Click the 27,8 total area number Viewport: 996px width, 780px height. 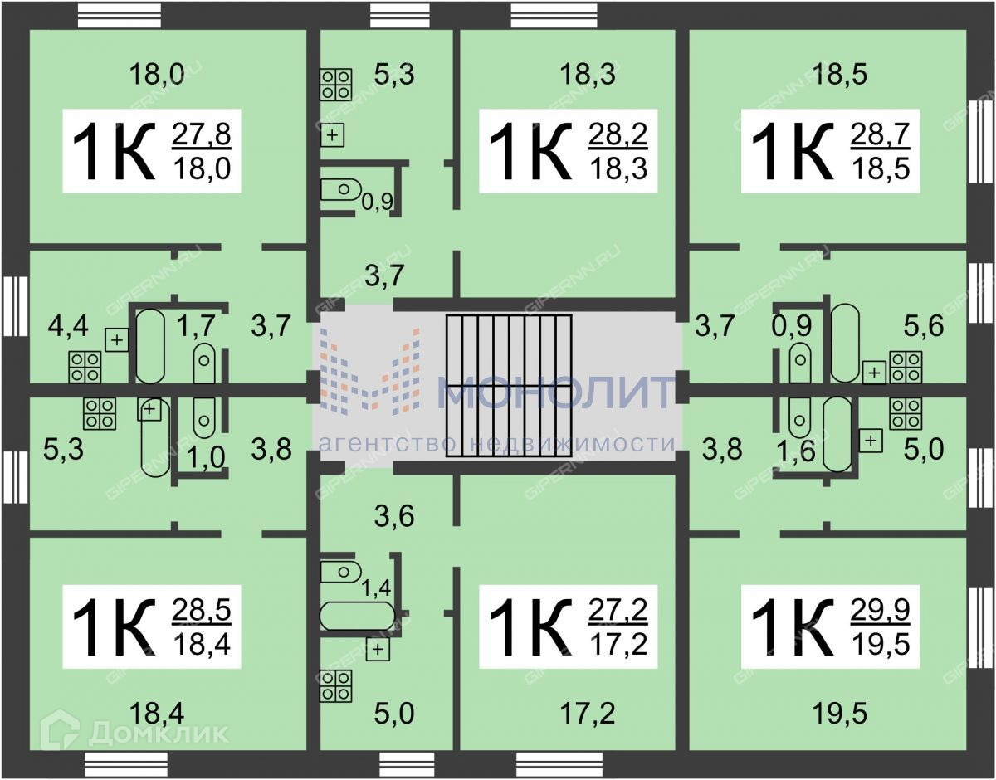202,133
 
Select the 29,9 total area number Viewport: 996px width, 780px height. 881,611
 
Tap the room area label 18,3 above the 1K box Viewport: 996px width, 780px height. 588,75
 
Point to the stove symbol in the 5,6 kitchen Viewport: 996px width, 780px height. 906,367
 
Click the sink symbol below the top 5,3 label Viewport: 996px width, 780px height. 333,134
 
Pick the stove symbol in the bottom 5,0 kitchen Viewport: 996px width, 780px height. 336,685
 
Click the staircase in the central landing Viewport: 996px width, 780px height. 509,386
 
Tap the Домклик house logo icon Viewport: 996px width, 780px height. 61,730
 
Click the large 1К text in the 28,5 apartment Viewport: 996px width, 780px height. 113,626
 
